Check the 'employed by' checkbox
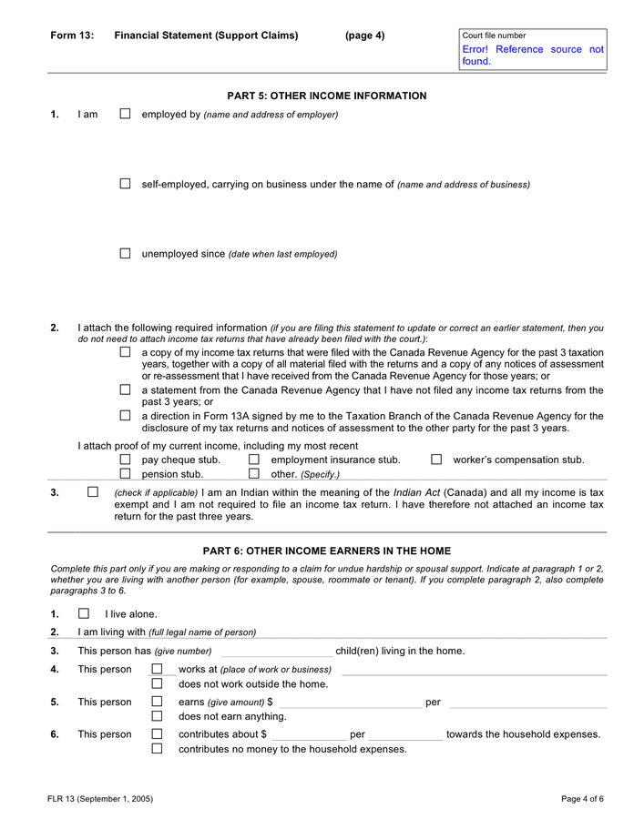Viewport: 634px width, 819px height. [125, 115]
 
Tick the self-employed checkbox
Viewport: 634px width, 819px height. [125, 184]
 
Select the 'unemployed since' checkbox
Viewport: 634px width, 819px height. [125, 254]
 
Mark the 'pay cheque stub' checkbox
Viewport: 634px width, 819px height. [125, 460]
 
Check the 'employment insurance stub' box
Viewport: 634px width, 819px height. [254, 460]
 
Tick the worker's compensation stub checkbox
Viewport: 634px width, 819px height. [436, 460]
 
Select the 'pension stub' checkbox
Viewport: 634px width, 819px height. [125, 473]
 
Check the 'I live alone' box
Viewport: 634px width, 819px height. [84, 613]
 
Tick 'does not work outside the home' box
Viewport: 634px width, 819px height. [157, 683]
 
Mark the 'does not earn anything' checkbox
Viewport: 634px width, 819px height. [157, 716]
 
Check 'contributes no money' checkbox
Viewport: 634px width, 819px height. [157, 749]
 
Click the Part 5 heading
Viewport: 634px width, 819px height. [326, 96]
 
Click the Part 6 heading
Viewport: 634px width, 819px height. [326, 551]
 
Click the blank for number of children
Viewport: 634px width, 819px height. [276, 652]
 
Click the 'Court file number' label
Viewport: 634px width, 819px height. [494, 35]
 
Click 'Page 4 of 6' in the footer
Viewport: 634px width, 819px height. [582, 799]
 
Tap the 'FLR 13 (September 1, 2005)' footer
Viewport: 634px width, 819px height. [100, 799]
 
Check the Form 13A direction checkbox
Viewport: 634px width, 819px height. [125, 416]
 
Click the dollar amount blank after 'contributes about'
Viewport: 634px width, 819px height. [308, 735]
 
